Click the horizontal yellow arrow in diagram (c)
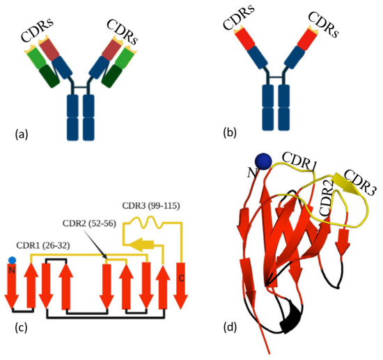click(136, 244)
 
